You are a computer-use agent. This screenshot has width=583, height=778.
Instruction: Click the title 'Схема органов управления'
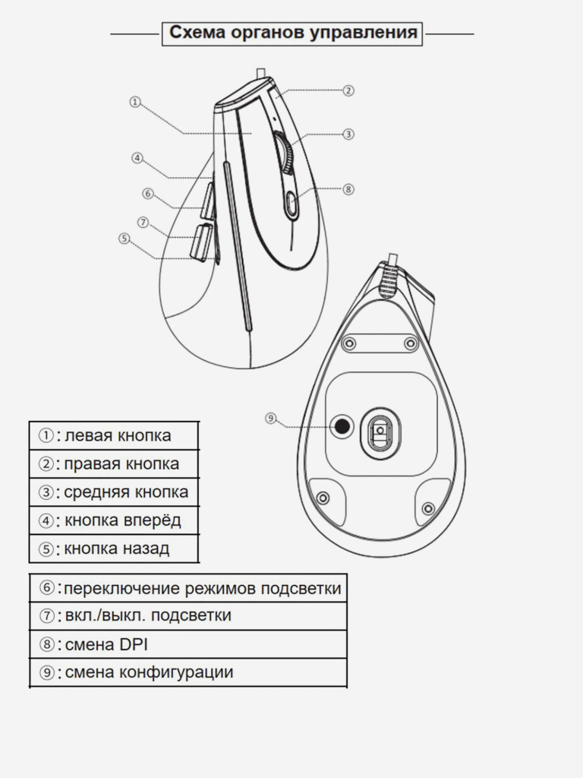(x=292, y=33)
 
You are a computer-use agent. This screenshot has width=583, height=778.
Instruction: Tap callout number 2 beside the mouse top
(x=348, y=91)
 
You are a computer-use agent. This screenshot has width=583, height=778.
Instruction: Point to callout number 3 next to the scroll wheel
(x=348, y=134)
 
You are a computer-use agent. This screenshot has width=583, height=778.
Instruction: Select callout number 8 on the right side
(x=348, y=189)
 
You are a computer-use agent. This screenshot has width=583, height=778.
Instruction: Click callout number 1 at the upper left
(x=135, y=102)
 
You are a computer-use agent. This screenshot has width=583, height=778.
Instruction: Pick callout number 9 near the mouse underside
(x=270, y=419)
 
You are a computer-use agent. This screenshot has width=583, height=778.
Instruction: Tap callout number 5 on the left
(x=124, y=239)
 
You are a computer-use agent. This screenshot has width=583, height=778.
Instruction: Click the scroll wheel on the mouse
(x=285, y=153)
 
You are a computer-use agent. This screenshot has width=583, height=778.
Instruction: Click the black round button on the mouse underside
(x=342, y=425)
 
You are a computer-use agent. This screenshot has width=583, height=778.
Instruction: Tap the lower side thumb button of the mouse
(x=202, y=242)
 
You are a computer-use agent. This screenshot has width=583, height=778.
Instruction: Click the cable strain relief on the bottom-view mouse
(x=389, y=280)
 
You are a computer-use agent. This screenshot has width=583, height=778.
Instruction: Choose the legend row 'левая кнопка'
(x=114, y=435)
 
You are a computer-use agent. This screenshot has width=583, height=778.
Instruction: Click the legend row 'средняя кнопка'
(x=114, y=492)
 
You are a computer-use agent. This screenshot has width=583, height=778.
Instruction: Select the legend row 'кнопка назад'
(x=114, y=549)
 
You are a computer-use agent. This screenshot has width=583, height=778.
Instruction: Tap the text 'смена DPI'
(x=106, y=644)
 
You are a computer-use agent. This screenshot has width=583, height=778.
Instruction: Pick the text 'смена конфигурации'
(x=150, y=672)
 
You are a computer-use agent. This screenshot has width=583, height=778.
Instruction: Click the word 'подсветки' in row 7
(x=191, y=615)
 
